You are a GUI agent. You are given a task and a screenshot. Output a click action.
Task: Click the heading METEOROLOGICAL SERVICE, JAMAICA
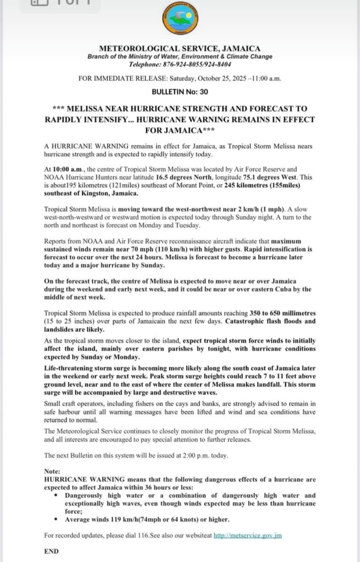[180, 49]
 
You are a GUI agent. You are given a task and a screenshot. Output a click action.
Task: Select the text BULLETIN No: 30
[180, 92]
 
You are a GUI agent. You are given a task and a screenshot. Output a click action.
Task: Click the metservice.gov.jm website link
[248, 536]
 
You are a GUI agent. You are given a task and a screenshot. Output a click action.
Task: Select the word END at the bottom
[51, 551]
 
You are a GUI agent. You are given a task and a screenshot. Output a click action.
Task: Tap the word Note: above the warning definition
[52, 471]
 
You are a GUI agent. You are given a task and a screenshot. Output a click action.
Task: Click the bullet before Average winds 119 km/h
[56, 519]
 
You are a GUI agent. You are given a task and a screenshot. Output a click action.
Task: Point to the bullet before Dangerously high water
[56, 495]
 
